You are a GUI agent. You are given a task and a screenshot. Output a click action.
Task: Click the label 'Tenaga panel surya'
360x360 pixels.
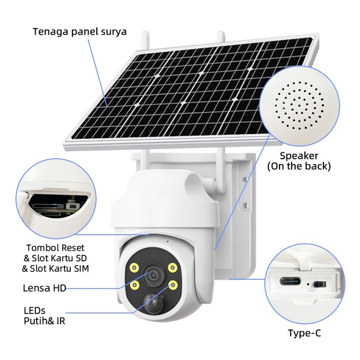coord(79,32)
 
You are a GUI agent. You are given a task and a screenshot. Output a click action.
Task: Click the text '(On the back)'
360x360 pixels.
coord(299,166)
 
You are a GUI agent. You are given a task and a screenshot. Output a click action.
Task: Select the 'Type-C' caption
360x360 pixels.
coord(304,333)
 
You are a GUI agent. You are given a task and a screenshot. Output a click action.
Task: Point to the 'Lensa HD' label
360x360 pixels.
coord(45,288)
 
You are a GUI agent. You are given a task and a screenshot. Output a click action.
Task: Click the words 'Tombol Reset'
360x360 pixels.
coord(55,247)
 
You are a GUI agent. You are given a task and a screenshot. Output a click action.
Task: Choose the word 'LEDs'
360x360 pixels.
coord(35,310)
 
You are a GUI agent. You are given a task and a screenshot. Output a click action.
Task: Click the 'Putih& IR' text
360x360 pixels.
coord(45,321)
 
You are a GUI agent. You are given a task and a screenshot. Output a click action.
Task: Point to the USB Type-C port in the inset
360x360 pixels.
coord(292,281)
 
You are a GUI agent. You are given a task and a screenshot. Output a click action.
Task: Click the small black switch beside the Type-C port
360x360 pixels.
coord(319,285)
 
